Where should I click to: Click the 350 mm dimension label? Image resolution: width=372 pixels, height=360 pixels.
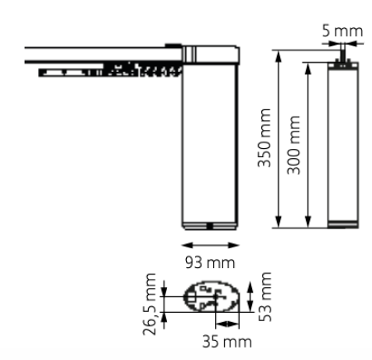point(265,138)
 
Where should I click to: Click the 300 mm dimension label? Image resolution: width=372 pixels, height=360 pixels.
point(293,145)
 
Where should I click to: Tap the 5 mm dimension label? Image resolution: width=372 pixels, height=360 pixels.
point(342,31)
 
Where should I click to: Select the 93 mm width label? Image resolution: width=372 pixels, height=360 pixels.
point(210,262)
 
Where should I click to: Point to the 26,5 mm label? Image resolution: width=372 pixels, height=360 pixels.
point(149,304)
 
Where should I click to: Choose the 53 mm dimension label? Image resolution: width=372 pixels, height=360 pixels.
point(265,297)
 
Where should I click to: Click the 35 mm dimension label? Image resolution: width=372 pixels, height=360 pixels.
point(227,342)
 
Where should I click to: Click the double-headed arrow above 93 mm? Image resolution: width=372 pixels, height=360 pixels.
point(210,245)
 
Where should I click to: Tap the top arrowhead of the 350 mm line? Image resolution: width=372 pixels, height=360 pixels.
point(279,56)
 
